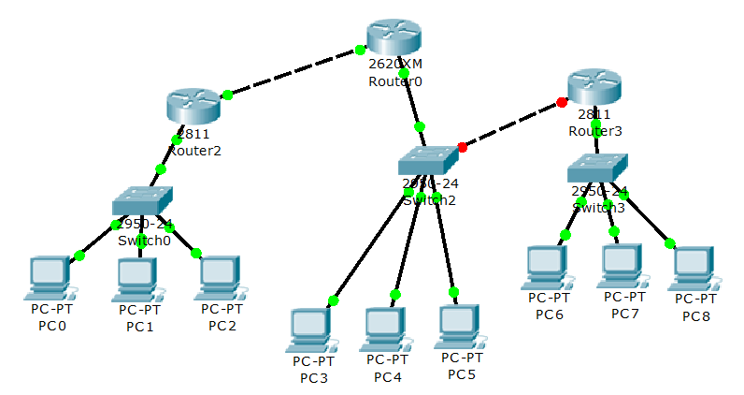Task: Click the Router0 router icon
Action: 394,37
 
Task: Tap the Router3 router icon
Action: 594,87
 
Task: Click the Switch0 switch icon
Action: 143,200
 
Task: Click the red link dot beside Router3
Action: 562,102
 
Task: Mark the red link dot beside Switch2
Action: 462,147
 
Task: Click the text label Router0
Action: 395,81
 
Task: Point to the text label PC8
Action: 695,316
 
